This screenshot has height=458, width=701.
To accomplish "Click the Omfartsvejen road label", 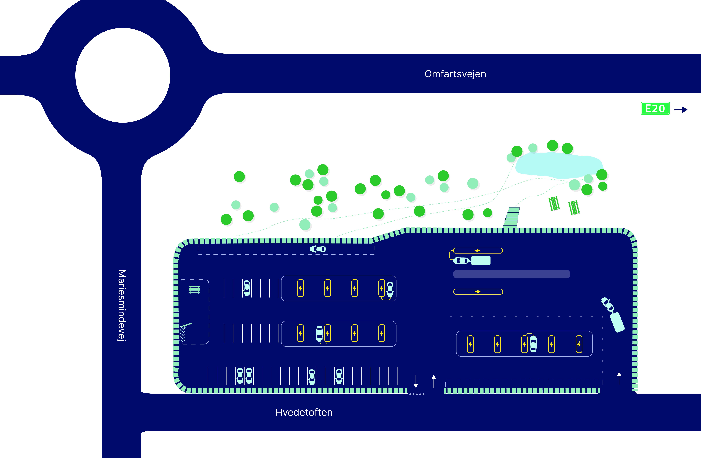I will pyautogui.click(x=455, y=74).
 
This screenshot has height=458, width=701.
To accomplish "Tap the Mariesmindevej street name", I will pyautogui.click(x=122, y=305).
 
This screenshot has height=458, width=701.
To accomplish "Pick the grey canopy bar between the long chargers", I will pyautogui.click(x=511, y=274).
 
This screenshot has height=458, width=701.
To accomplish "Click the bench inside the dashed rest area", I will pyautogui.click(x=194, y=290).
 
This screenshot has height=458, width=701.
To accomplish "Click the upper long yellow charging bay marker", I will pyautogui.click(x=478, y=251).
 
